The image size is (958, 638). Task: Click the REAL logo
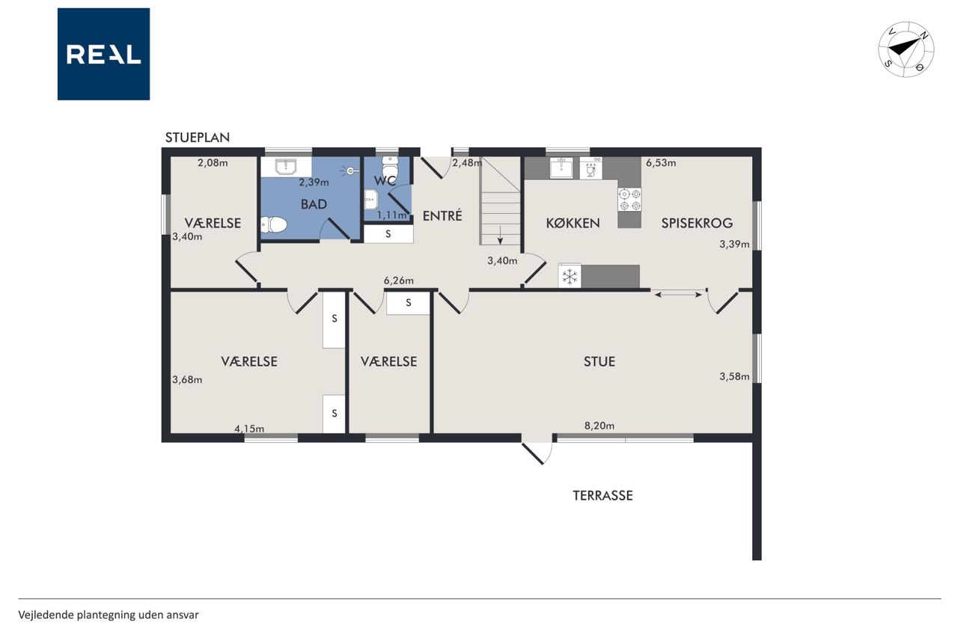click(x=103, y=54)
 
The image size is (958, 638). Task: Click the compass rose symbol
click(x=906, y=49)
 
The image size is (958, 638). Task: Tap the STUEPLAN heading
click(x=198, y=138)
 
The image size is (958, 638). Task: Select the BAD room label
click(x=314, y=204)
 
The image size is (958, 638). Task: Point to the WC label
click(x=385, y=181)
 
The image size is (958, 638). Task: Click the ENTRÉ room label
click(x=442, y=216)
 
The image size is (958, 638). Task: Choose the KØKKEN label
click(x=573, y=223)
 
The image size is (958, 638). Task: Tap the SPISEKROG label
click(x=697, y=223)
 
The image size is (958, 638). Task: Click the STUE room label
click(x=599, y=361)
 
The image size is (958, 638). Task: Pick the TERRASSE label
click(x=602, y=495)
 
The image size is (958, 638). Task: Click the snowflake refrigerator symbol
click(x=570, y=277)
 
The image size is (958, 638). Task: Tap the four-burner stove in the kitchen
click(x=629, y=200)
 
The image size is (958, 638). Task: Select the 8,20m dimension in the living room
click(x=599, y=426)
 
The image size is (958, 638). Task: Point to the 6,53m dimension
click(x=661, y=163)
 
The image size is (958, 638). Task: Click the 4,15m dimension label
click(x=249, y=429)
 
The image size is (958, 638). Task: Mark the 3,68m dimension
click(x=187, y=379)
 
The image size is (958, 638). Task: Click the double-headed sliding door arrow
click(x=678, y=295)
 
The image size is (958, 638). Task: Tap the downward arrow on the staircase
click(x=500, y=235)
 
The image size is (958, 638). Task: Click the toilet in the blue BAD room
click(x=273, y=224)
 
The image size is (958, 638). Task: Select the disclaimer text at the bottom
click(x=109, y=615)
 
